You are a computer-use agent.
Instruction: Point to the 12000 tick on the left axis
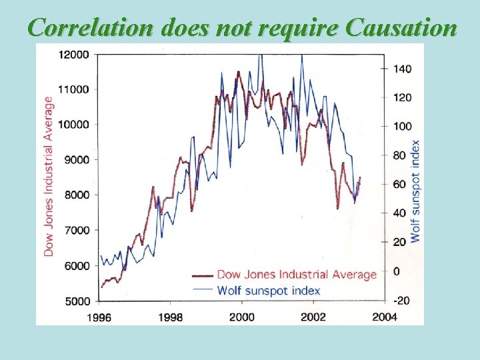click(75, 54)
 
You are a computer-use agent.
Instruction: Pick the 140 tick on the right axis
click(403, 69)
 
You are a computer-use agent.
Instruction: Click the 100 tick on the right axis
click(403, 127)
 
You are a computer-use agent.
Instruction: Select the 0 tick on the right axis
click(397, 271)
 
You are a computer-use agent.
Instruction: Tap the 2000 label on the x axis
click(242, 317)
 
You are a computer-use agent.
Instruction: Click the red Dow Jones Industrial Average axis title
click(49, 176)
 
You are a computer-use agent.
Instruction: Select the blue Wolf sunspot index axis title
click(416, 191)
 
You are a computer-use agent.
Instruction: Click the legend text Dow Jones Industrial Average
click(297, 275)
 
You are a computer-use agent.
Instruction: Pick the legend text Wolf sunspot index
click(269, 291)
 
